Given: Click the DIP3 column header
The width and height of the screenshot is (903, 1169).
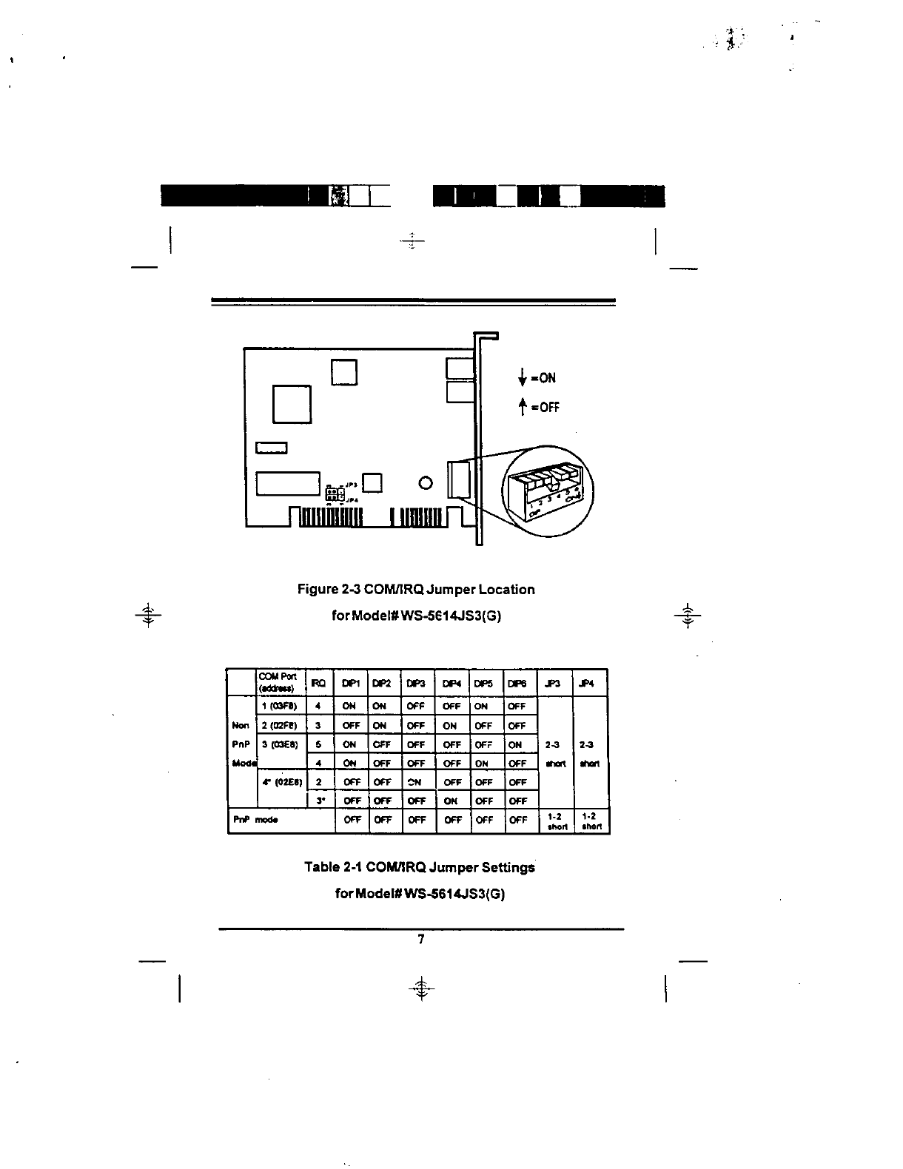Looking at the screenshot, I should (417, 684).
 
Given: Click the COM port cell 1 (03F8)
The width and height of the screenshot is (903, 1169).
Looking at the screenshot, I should (281, 706).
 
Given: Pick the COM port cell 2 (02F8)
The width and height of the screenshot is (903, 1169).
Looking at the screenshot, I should (281, 725).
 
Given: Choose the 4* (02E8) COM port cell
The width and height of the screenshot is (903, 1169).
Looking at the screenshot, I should (281, 782).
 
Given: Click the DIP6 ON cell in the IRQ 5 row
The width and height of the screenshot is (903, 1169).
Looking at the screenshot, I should (516, 745).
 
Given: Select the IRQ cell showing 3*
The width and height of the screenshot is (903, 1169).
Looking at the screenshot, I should (318, 801).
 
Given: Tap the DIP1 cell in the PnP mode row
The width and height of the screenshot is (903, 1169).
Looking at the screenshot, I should (352, 820).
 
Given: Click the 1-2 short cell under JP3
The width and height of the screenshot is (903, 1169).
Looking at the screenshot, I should (555, 822).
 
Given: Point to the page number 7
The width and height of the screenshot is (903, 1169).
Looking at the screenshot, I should (420, 940).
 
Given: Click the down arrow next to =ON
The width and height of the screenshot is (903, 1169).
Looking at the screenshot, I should (523, 378).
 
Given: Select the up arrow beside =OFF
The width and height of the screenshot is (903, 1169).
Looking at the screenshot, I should (523, 406).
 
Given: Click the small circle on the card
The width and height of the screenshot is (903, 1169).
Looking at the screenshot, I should (424, 484).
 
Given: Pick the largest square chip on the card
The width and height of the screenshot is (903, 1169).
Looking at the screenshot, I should (292, 404).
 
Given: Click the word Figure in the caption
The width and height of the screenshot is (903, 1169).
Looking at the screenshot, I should (318, 590).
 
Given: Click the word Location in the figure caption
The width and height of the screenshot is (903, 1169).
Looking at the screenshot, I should (506, 590).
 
